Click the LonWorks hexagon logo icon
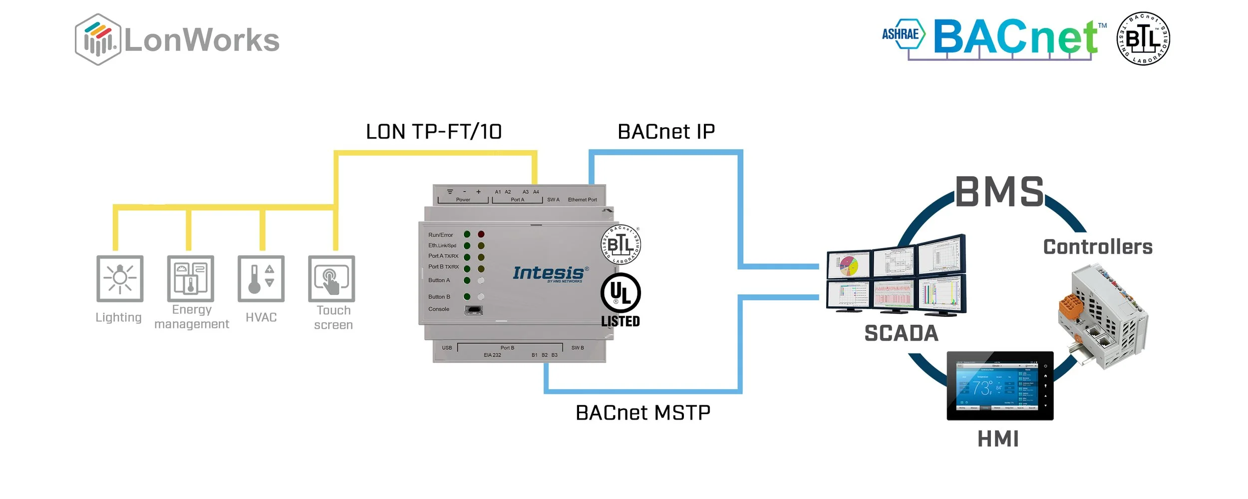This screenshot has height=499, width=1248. click(x=98, y=39)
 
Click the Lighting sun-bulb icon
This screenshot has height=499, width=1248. click(x=120, y=278)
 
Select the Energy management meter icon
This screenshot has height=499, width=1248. click(x=191, y=278)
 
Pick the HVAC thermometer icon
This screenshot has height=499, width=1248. click(x=261, y=278)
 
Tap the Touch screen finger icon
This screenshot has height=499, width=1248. click(x=331, y=278)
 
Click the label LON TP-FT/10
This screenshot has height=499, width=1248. click(x=434, y=132)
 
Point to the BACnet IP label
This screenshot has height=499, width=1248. click(x=666, y=132)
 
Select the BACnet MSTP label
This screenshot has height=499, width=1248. click(x=643, y=413)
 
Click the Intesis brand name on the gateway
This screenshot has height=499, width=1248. click(x=548, y=273)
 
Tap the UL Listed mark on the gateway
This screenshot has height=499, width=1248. click(x=621, y=299)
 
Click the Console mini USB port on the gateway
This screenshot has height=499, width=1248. click(x=473, y=310)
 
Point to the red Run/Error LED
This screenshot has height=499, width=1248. click(x=481, y=234)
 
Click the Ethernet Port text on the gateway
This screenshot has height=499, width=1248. click(x=582, y=200)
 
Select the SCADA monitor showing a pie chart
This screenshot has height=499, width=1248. click(x=849, y=265)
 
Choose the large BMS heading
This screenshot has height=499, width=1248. click(x=999, y=192)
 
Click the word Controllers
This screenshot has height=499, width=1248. click(x=1098, y=247)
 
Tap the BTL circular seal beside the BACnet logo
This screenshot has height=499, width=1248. click(x=1143, y=38)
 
